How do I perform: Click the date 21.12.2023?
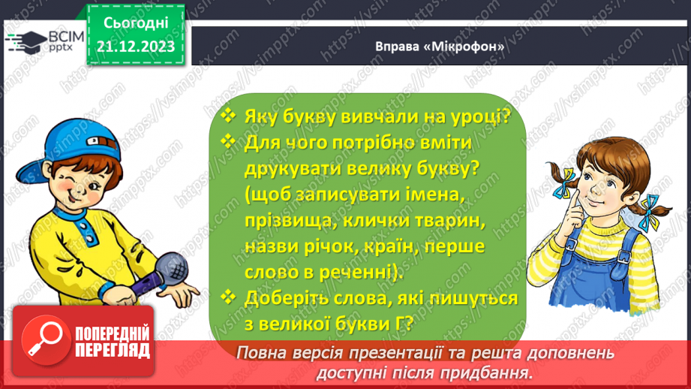(x=136, y=46)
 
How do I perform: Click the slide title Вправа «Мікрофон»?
(x=439, y=47)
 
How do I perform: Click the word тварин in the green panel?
(x=445, y=221)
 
